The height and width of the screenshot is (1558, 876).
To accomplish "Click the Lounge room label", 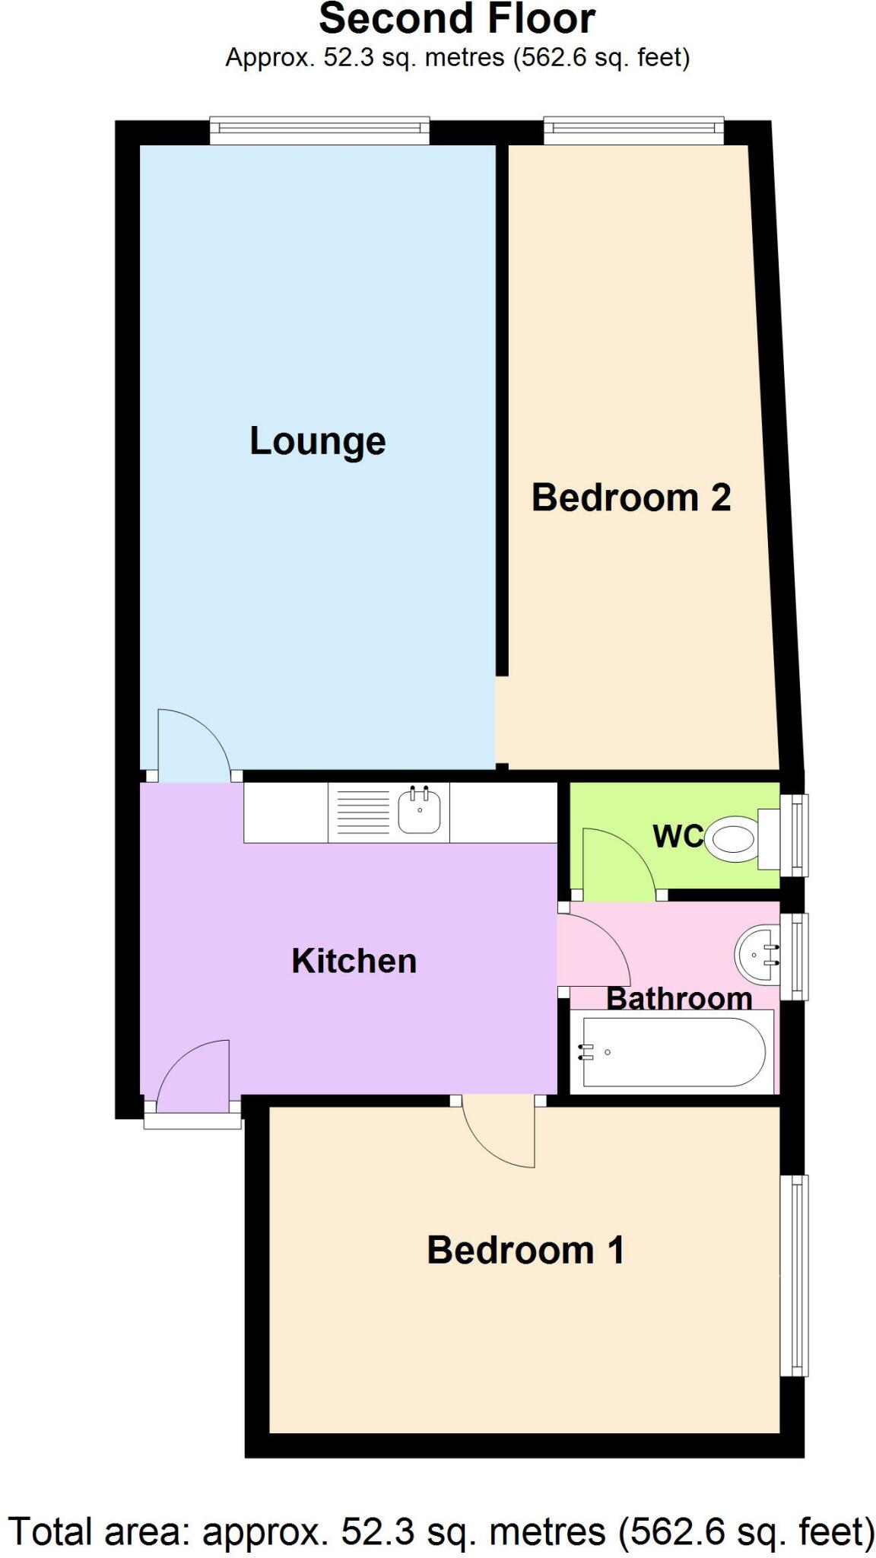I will click(318, 441).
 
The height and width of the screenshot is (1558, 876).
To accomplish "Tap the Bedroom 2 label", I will click(630, 498).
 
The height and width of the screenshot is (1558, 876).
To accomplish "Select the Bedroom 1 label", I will click(525, 1250).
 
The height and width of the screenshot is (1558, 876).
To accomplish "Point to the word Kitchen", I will click(354, 961).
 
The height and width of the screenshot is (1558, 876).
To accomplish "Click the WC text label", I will click(678, 836).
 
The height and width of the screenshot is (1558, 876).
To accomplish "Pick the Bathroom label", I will click(679, 998).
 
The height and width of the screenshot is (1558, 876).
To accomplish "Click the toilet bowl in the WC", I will click(732, 839).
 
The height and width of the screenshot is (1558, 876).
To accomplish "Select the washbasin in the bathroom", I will click(757, 954).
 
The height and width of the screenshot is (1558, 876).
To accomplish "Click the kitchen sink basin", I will click(420, 812).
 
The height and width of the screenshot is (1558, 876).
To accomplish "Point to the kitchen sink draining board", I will click(363, 812).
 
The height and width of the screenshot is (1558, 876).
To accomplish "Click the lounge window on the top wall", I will click(319, 130).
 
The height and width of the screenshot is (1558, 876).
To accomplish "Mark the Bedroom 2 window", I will click(633, 130).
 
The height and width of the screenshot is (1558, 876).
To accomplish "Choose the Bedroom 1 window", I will click(795, 1275).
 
